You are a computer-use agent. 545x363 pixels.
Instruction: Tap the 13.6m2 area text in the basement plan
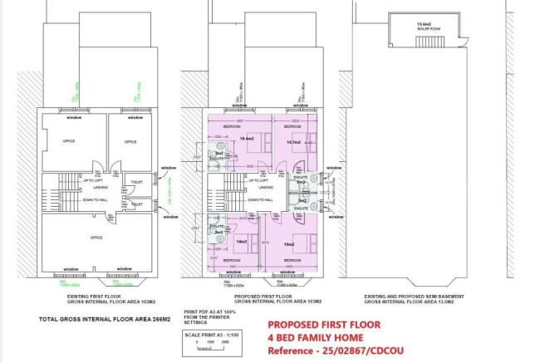tap(426, 25)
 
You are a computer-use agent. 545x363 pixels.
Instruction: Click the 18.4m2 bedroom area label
tap(246, 138)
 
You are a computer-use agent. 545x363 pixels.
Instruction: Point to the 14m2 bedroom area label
tap(242, 241)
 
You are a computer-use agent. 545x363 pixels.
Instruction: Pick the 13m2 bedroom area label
tap(289, 245)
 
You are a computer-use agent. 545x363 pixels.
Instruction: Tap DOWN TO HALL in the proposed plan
tap(260, 200)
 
